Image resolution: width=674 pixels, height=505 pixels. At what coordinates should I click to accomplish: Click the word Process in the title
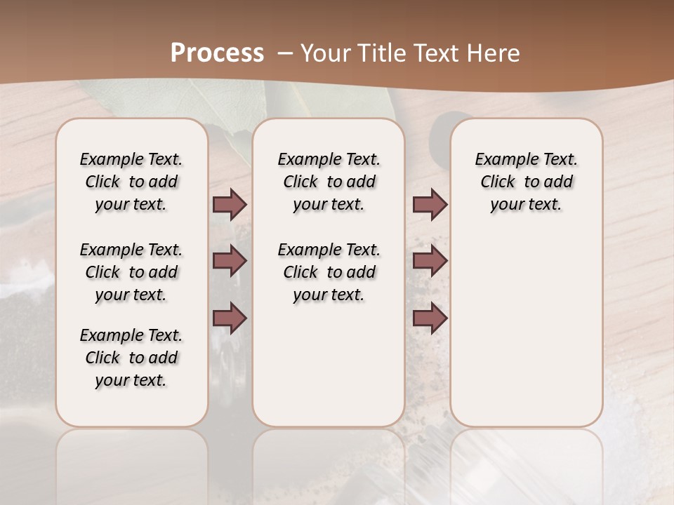[x=217, y=53]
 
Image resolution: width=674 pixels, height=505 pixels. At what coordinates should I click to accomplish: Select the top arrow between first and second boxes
[x=229, y=205]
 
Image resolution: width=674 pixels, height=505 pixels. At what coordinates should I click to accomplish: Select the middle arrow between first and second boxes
[x=229, y=261]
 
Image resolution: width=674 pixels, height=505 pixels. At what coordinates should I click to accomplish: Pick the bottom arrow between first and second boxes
[x=229, y=318]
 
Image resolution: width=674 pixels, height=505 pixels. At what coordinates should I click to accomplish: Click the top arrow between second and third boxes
[x=430, y=205]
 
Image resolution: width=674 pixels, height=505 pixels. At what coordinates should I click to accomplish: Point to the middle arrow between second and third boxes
[x=430, y=261]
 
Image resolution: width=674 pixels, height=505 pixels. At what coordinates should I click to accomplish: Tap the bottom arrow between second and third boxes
[x=430, y=318]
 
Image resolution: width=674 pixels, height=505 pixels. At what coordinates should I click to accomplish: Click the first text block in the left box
[x=131, y=182]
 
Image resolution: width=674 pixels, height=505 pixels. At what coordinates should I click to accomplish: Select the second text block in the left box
[x=131, y=272]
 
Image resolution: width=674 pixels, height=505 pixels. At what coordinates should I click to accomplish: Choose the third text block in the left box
[x=131, y=358]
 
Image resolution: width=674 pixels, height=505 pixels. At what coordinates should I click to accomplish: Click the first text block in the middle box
[x=329, y=182]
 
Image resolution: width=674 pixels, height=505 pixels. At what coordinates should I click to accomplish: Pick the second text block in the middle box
[x=329, y=272]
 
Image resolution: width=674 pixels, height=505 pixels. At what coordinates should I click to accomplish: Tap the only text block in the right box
[x=527, y=182]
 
